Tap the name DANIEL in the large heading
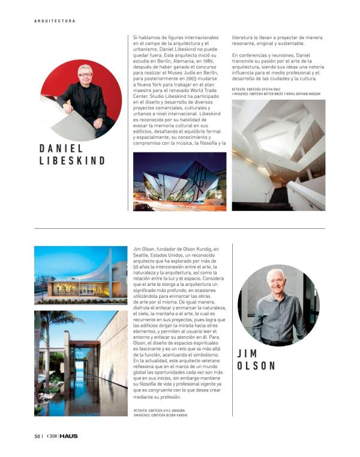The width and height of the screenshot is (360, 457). tap(61, 148)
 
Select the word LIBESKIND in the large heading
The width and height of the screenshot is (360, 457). tap(72, 161)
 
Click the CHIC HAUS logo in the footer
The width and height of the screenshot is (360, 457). tap(62, 436)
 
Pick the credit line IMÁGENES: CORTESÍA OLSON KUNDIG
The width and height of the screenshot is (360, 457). tap(160, 415)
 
